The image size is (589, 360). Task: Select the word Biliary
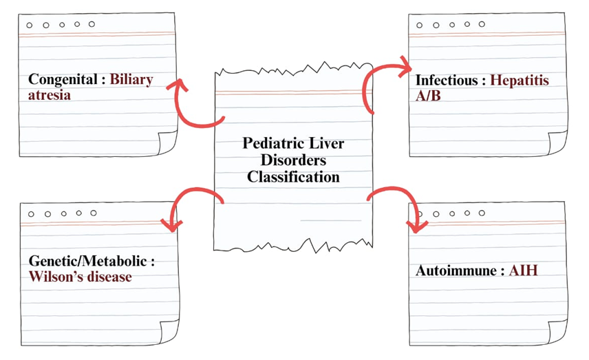[x=131, y=79]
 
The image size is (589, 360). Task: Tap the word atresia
[x=50, y=95]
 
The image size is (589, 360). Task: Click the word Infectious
[x=447, y=80]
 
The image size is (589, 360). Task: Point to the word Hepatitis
[x=520, y=80]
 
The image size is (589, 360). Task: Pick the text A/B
[x=428, y=96]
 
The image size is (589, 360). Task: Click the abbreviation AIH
[x=524, y=271]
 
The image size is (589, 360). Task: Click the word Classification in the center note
[x=294, y=176]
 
